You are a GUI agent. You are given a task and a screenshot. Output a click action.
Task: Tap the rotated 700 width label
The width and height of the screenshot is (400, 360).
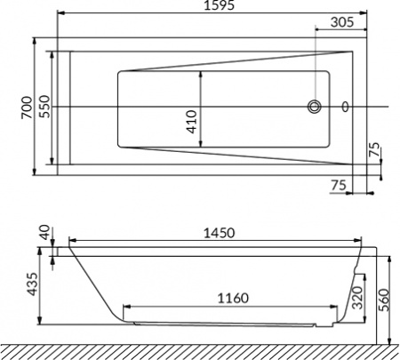pyautogui.click(x=28, y=106)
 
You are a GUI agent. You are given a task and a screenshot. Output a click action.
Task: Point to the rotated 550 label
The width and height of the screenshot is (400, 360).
pyautogui.click(x=44, y=107)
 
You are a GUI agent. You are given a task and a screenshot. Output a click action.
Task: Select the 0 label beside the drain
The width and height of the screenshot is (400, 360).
pyautogui.click(x=345, y=108)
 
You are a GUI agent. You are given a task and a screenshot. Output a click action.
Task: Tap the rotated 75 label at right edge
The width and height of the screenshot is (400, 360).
pyautogui.click(x=373, y=152)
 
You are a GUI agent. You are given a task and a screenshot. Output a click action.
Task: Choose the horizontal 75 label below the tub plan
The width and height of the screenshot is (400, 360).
pyautogui.click(x=338, y=185)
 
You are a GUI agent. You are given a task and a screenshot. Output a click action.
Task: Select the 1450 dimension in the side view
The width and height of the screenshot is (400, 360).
pyautogui.click(x=218, y=233)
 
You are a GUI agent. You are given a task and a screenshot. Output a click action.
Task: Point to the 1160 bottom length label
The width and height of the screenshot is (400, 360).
pyautogui.click(x=230, y=298)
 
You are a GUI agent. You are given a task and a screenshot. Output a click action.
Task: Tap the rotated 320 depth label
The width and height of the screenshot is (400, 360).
pyautogui.click(x=356, y=295)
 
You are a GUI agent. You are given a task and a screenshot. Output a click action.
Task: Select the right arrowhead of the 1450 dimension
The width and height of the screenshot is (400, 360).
pyautogui.click(x=359, y=240)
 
